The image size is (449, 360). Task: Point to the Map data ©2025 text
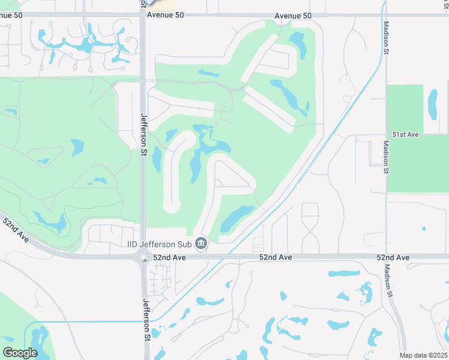(423, 355)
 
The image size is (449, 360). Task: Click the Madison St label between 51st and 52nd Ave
(386, 158)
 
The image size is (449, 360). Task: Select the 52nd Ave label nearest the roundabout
(170, 257)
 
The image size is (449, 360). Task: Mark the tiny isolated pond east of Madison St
(424, 229)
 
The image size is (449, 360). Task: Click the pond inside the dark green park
(433, 104)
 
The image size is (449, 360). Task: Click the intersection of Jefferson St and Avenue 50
(143, 16)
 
